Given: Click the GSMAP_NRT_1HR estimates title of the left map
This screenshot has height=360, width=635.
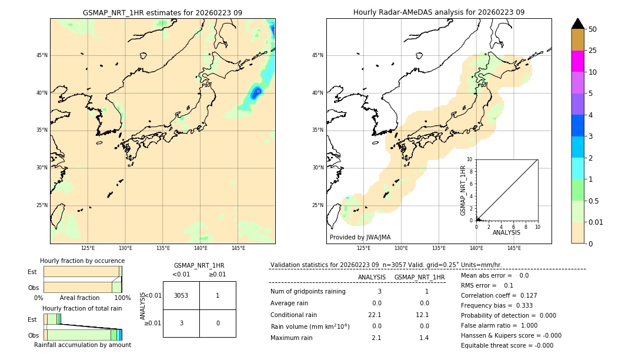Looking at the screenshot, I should pyautogui.click(x=162, y=12).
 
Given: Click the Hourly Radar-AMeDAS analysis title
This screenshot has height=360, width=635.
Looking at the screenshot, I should pyautogui.click(x=439, y=12).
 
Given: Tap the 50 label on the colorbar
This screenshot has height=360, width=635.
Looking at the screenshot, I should pyautogui.click(x=593, y=29).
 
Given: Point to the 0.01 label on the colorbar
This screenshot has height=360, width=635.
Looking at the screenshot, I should pyautogui.click(x=596, y=222).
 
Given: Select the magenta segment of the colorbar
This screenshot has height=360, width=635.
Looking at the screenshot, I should pyautogui.click(x=577, y=61).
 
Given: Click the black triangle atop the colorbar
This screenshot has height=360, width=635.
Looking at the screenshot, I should pyautogui.click(x=577, y=24).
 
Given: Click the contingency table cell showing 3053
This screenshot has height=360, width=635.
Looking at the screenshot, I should pyautogui.click(x=181, y=295).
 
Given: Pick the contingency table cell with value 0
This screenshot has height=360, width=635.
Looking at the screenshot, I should pyautogui.click(x=218, y=323).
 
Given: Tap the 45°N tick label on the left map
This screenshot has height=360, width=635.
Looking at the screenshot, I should pyautogui.click(x=42, y=55).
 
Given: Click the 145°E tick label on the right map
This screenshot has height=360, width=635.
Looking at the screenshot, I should pyautogui.click(x=514, y=248).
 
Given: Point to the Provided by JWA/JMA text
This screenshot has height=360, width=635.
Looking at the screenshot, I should pyautogui.click(x=360, y=238).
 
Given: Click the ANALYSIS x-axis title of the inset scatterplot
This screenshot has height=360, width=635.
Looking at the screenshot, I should pyautogui.click(x=506, y=232).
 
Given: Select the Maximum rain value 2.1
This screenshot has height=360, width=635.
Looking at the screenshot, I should pyautogui.click(x=376, y=338).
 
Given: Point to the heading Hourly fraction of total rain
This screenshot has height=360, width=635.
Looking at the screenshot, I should pyautogui.click(x=82, y=308).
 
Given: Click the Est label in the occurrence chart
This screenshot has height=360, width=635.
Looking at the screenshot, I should pyautogui.click(x=32, y=272).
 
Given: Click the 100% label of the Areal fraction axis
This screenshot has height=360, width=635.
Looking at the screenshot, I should pyautogui.click(x=122, y=298).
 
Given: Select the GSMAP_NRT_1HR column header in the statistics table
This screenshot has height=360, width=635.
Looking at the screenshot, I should pyautogui.click(x=419, y=277).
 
